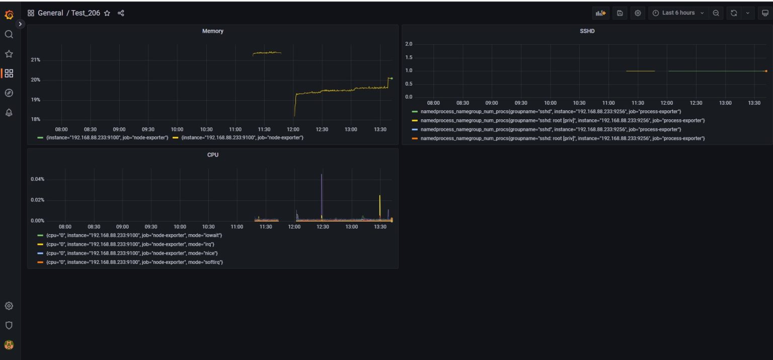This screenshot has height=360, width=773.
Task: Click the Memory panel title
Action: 212,31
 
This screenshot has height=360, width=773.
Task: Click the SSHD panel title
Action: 587,31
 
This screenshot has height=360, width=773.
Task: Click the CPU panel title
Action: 213,155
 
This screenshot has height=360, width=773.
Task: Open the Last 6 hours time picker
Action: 678,13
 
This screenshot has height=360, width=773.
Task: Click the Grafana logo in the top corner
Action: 9,15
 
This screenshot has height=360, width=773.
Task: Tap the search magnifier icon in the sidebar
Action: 9,34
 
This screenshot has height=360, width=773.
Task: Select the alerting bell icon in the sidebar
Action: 9,113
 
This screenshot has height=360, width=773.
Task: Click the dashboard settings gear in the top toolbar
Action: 638,13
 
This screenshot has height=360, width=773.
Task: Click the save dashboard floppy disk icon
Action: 620,13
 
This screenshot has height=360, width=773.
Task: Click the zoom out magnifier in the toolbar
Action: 716,13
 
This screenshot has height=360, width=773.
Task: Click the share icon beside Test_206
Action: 121,13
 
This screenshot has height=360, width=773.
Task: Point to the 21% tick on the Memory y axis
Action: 35,60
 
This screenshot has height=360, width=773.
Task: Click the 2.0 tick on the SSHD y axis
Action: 409,44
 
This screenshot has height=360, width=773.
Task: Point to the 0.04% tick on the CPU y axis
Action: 37,179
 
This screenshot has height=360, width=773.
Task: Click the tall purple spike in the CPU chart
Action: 322,191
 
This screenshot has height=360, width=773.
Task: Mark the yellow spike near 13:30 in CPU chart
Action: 379,204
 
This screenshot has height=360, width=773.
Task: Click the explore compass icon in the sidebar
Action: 9,93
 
